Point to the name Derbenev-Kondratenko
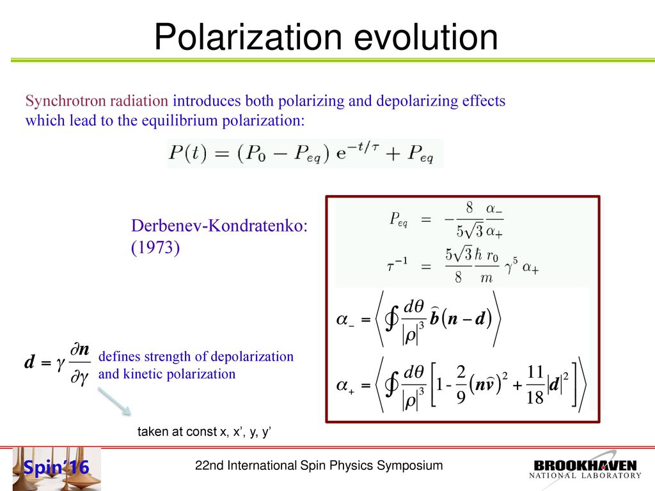[x=219, y=226]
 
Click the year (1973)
[x=155, y=247]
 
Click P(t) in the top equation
[x=187, y=152]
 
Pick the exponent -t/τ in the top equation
[x=364, y=147]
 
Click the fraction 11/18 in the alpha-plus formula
[x=535, y=384]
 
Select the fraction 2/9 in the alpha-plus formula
[x=461, y=384]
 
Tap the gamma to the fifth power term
[x=511, y=266]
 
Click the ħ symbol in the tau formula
[x=478, y=254]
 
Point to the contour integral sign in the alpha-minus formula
[x=392, y=320]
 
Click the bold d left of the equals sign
[x=29, y=362]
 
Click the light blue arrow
[x=114, y=401]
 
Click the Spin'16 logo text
[x=56, y=467]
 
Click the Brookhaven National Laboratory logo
[x=585, y=469]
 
